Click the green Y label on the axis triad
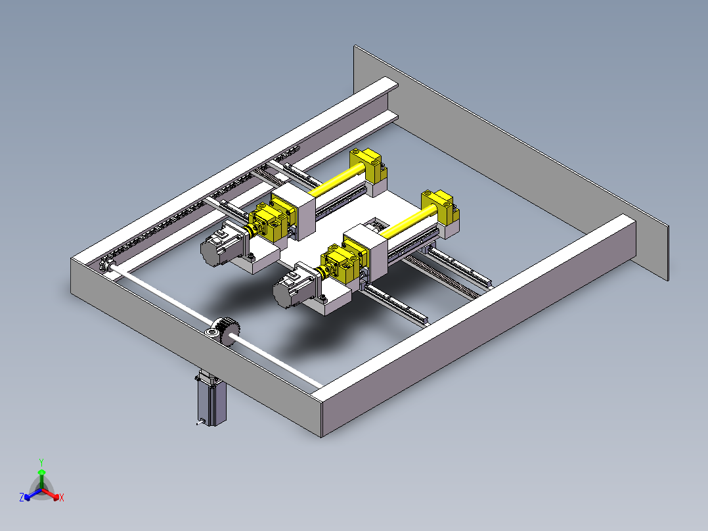[x=41, y=463]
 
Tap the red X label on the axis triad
[x=62, y=497]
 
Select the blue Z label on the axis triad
[x=22, y=497]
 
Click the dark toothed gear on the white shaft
[x=229, y=331]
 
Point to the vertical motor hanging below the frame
[x=211, y=398]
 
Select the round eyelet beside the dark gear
[x=211, y=333]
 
